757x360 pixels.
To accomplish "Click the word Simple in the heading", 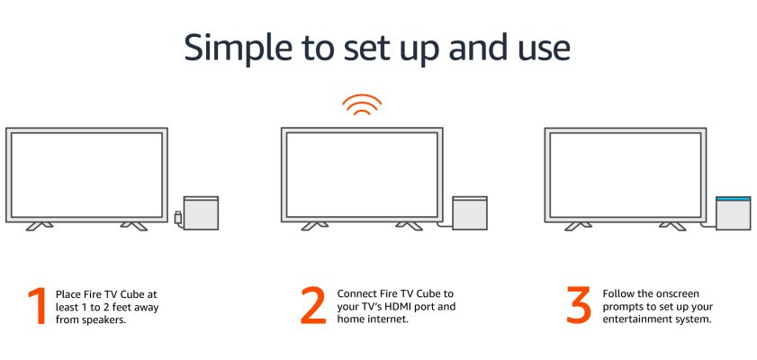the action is tap(238, 49).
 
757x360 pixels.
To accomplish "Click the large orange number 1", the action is tap(38, 306).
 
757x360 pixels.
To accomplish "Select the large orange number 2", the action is tap(314, 305).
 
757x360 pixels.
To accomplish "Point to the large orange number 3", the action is tap(579, 305).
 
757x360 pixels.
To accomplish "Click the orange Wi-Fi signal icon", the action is tap(362, 104).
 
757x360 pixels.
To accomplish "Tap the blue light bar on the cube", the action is tap(733, 198).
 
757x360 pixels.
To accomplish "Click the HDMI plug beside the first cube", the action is tap(178, 217).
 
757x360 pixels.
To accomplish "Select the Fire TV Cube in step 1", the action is tap(201, 212).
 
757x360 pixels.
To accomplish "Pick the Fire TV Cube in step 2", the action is tap(470, 212).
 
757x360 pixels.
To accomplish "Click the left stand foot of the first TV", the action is tap(40, 226).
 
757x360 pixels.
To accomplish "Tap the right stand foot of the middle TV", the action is tap(409, 226).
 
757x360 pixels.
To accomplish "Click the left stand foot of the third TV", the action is tap(579, 226).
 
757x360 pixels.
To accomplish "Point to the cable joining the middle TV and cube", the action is tap(445, 224).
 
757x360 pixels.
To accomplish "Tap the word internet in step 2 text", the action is tap(390, 319).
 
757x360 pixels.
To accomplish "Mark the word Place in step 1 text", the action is tap(67, 294).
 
